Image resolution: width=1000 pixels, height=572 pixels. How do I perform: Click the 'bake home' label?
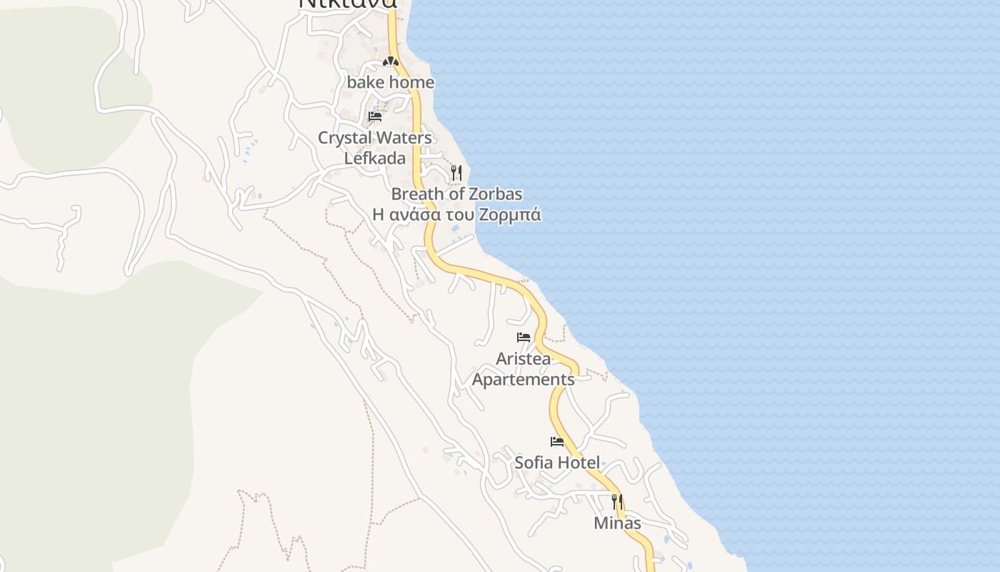pyautogui.click(x=391, y=82)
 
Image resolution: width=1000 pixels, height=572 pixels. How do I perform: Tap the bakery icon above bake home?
pyautogui.click(x=390, y=62)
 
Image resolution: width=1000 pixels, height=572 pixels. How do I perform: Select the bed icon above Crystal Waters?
pyautogui.click(x=375, y=117)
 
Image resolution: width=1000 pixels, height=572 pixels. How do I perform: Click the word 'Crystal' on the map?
pyautogui.click(x=344, y=137)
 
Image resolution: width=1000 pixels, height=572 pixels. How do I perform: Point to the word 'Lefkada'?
pyautogui.click(x=375, y=158)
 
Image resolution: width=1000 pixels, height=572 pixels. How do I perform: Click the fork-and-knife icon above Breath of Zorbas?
pyautogui.click(x=456, y=173)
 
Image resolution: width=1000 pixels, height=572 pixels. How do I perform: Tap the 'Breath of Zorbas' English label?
pyautogui.click(x=456, y=194)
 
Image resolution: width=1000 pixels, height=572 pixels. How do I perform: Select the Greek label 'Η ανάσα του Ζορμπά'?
pyautogui.click(x=456, y=214)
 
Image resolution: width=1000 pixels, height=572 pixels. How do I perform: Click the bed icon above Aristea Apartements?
pyautogui.click(x=524, y=337)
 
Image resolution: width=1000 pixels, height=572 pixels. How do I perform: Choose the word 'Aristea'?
pyautogui.click(x=524, y=358)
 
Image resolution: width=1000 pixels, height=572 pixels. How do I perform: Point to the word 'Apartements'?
pyautogui.click(x=524, y=379)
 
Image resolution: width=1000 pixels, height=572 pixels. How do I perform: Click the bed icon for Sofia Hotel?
pyautogui.click(x=557, y=442)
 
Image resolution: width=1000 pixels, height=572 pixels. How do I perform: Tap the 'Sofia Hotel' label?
pyautogui.click(x=557, y=463)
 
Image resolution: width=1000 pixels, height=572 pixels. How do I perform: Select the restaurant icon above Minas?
pyautogui.click(x=617, y=502)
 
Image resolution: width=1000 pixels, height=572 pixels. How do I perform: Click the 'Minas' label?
pyautogui.click(x=617, y=523)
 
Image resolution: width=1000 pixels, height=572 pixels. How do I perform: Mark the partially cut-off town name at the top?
pyautogui.click(x=347, y=4)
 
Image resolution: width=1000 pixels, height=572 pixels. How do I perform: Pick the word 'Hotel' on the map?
pyautogui.click(x=578, y=463)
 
